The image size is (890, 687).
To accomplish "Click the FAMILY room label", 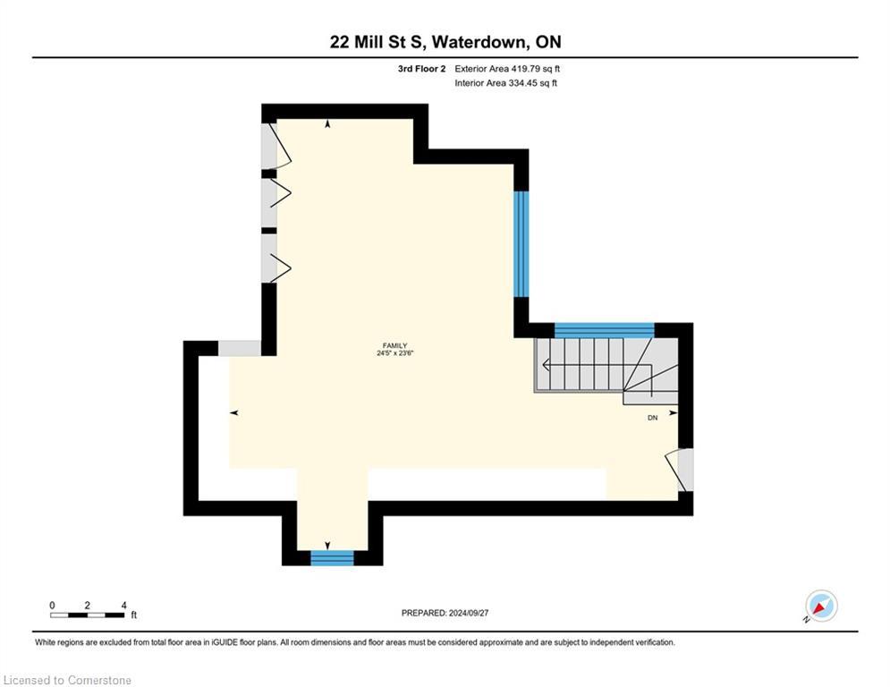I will click(x=394, y=345).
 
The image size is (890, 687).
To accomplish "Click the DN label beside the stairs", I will click(x=653, y=418).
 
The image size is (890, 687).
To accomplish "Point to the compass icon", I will click(x=820, y=606).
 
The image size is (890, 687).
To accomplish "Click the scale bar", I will click(x=88, y=615).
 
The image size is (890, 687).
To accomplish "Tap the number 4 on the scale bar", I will click(x=123, y=605).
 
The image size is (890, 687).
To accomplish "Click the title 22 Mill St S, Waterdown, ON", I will click(x=445, y=42).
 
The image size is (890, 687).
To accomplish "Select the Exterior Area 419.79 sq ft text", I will click(x=507, y=68).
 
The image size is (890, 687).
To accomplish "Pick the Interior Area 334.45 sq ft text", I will click(x=505, y=83).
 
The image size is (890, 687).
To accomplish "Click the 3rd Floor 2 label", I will click(x=422, y=68).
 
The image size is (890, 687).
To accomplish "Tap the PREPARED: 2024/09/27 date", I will click(x=445, y=613).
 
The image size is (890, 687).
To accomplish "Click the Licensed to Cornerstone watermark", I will click(x=68, y=681).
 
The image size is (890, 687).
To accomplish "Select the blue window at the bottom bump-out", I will click(x=332, y=558).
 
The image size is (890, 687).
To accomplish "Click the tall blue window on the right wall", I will click(x=521, y=243).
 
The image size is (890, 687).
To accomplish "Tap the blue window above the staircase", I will click(x=605, y=329).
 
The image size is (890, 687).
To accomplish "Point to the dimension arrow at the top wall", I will click(x=327, y=124).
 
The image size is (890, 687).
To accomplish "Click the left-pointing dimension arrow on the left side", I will click(x=234, y=412).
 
